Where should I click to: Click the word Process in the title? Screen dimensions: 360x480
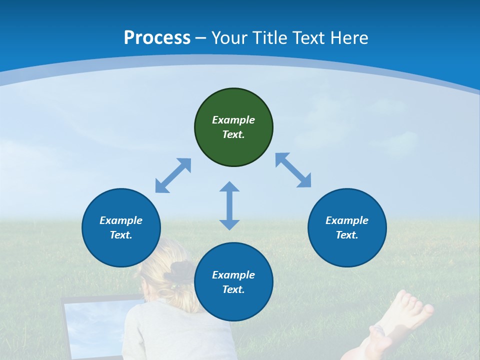pos(157,38)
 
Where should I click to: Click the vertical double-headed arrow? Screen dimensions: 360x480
pos(229,205)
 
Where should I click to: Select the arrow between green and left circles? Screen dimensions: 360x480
pos(173,175)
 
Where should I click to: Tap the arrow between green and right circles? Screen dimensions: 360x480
pos(293,170)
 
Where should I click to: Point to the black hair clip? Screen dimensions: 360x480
pos(177,273)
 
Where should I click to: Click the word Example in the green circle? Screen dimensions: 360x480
pos(233,120)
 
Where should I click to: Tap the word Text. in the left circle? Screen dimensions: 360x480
pos(121,235)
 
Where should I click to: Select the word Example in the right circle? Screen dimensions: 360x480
pos(347,220)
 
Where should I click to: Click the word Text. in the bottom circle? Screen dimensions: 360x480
pos(233,289)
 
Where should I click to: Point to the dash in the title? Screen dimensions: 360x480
pos(201,38)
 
